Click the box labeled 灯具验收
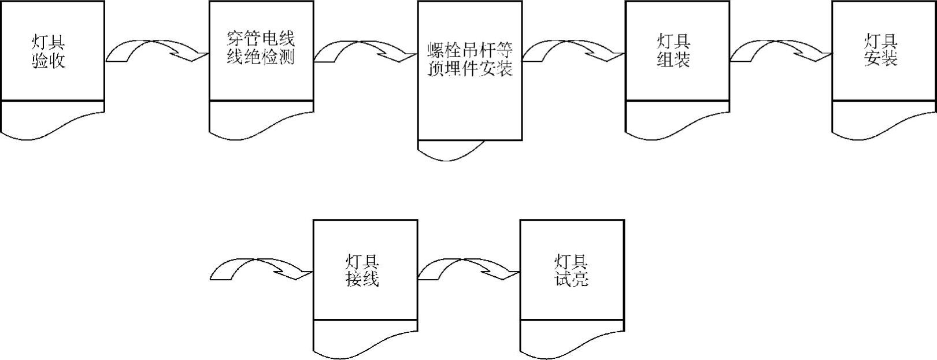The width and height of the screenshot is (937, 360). tap(53, 51)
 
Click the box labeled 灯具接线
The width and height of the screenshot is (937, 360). tap(365, 270)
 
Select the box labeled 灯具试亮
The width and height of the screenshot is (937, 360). tap(572, 270)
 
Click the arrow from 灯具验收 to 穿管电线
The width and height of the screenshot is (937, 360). tap(157, 51)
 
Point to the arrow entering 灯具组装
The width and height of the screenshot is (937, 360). tap(573, 51)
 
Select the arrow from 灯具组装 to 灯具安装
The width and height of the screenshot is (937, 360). tap(781, 51)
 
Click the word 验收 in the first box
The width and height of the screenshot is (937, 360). tap(49, 60)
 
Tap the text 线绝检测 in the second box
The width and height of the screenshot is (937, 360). tap(261, 58)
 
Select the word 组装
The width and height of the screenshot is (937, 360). tap(674, 59)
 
